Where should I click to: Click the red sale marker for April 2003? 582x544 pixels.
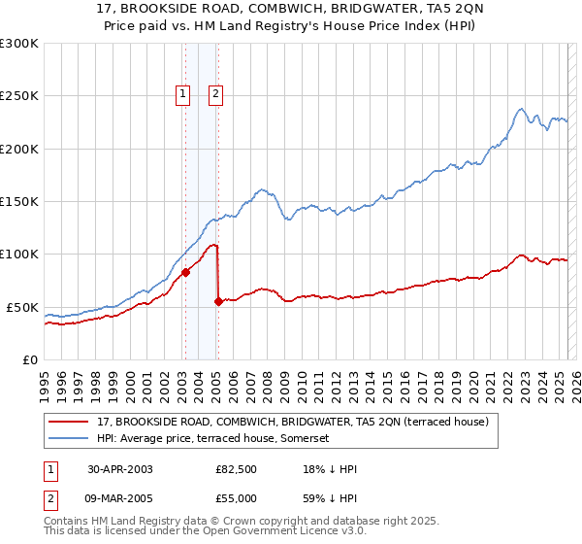click(185, 272)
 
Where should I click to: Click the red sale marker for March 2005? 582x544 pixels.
click(217, 301)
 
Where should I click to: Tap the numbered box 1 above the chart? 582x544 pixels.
click(182, 94)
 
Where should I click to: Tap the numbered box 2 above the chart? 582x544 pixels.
click(215, 94)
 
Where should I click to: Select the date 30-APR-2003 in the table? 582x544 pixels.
click(119, 469)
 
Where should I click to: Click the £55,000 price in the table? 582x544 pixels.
click(236, 497)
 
